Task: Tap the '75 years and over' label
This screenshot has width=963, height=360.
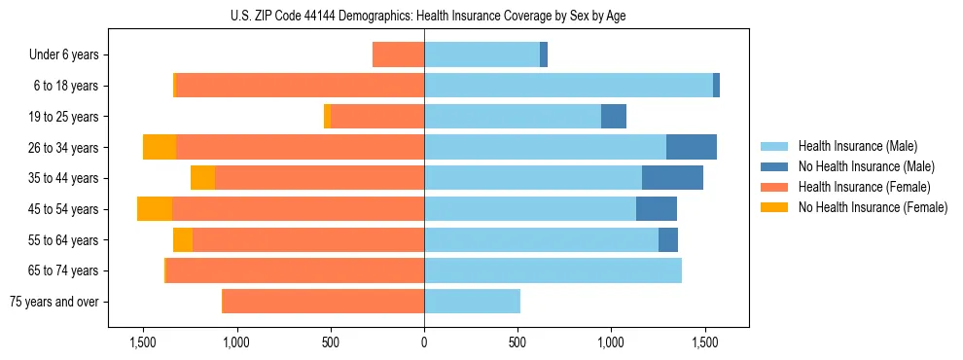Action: coord(55,302)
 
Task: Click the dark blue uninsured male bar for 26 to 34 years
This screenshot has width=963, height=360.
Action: coord(692,147)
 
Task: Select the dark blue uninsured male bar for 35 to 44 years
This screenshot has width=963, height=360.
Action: coord(672,178)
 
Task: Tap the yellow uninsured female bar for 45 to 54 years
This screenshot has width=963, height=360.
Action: coord(155,209)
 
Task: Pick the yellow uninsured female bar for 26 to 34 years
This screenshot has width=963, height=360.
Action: coord(160,147)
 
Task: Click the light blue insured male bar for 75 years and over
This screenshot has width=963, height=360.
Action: coord(472,302)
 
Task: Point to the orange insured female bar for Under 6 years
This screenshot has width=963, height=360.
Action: coord(398,54)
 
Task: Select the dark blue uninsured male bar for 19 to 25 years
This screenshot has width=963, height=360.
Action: coord(614,117)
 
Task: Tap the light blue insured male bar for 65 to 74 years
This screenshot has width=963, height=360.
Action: coord(553,270)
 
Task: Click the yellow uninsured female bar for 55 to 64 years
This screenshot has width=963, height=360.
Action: coord(183,239)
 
